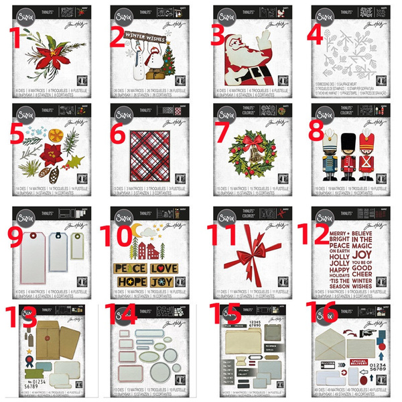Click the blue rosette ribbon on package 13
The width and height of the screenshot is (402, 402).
coord(27,368)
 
